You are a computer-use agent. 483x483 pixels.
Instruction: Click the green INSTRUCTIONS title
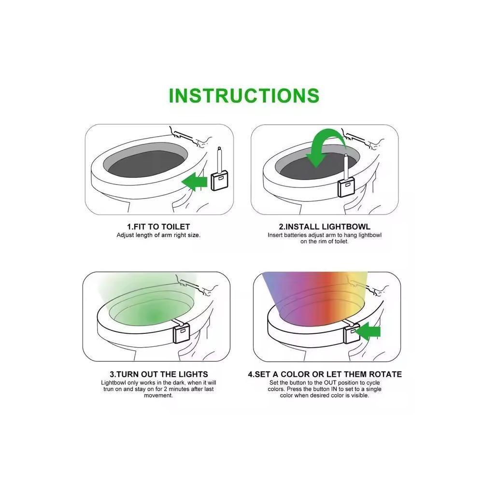pos(244,95)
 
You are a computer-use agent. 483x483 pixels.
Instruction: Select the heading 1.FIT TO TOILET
pos(158,227)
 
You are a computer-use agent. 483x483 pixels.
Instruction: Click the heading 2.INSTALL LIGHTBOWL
pos(324,227)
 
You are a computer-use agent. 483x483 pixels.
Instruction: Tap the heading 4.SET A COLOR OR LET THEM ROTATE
pos(325,374)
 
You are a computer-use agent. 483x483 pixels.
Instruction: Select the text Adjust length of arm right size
pos(158,235)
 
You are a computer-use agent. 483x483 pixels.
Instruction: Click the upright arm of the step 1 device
pos(220,159)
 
